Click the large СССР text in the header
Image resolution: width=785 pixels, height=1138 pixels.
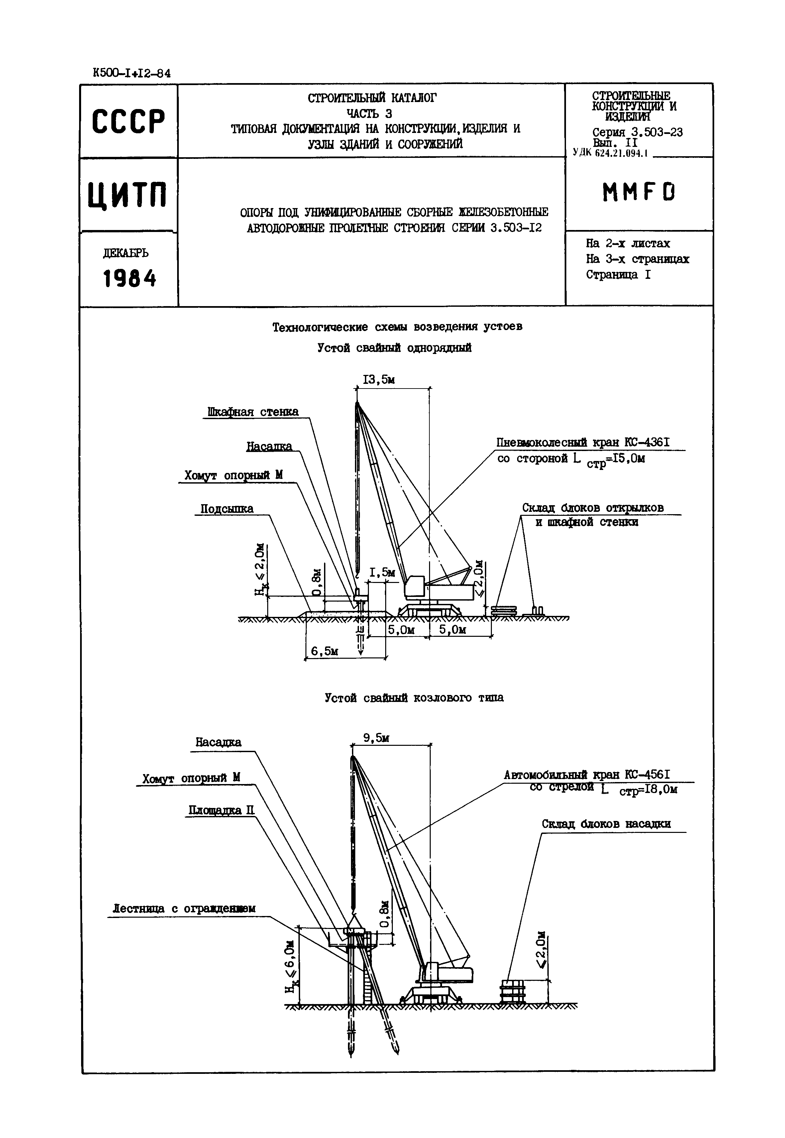pos(128,121)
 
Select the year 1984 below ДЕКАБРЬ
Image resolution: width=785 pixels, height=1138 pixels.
pos(129,279)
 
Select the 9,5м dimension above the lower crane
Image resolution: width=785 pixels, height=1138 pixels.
pos(376,738)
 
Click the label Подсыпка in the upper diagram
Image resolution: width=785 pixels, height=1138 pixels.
pos(227,509)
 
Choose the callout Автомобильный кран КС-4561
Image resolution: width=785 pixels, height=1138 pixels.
pos(587,775)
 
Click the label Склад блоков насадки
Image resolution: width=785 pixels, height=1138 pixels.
pos(606,824)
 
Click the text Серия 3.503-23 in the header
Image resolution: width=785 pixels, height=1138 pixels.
pos(637,132)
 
